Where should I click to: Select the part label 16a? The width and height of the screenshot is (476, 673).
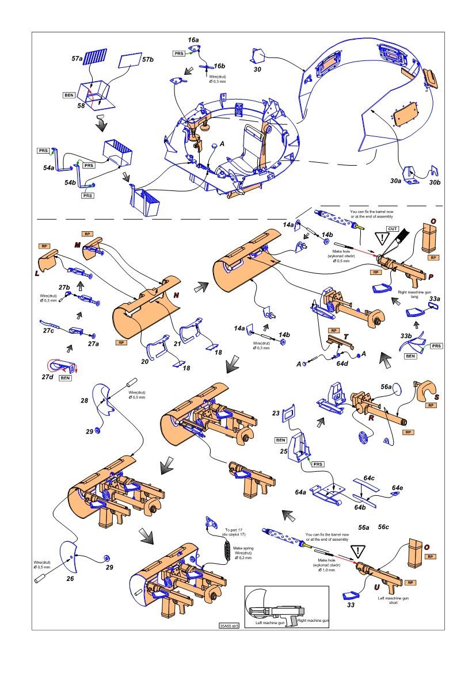coord(193,40)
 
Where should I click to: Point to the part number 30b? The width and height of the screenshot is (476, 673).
coord(434,182)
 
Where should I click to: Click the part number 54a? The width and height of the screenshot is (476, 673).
coord(48,168)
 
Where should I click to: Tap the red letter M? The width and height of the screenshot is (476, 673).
coord(77,244)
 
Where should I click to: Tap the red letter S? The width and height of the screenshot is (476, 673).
coord(437,397)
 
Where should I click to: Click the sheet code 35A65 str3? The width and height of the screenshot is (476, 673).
coord(229,626)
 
